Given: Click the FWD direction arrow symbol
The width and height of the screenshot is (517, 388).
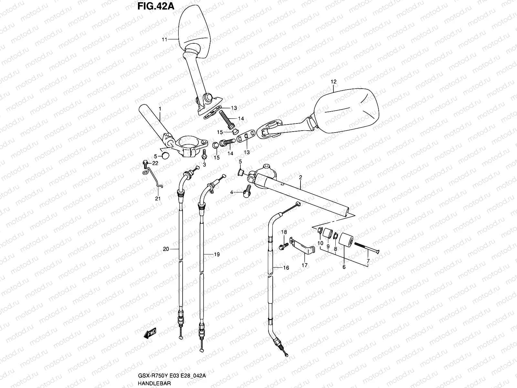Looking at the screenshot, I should (x=150, y=333).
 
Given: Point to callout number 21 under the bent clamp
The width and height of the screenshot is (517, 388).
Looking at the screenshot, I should (x=158, y=199).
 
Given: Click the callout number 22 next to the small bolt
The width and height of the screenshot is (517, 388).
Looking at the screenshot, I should (x=155, y=163).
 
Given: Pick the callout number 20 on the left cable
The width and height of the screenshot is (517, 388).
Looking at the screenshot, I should (x=166, y=249).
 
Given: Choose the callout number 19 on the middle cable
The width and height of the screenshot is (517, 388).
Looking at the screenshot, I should (x=216, y=254).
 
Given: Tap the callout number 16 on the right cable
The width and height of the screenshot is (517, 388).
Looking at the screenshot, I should (x=286, y=268).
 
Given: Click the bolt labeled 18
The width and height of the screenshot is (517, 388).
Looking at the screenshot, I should (x=281, y=247).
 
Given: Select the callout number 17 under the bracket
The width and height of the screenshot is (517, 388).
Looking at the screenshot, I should (x=304, y=265).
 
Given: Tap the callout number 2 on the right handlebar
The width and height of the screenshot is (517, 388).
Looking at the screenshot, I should (x=300, y=178).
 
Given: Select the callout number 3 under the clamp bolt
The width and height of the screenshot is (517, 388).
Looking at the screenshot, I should (x=204, y=165).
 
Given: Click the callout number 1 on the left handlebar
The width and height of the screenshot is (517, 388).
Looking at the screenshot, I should (x=159, y=110).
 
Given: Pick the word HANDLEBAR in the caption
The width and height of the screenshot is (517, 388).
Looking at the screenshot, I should (x=154, y=383).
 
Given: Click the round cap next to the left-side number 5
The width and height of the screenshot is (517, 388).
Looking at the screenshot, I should (x=165, y=156).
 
